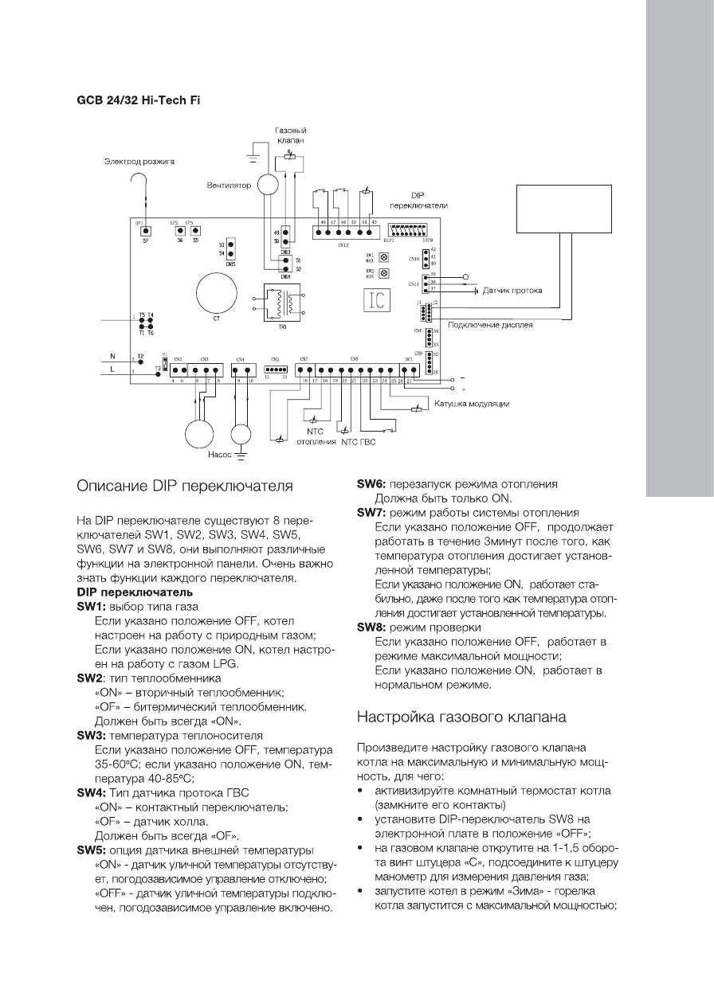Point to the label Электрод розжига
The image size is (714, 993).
coord(138,162)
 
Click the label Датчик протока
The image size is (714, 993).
coord(512,291)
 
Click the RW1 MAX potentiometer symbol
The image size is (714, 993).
coord(385,258)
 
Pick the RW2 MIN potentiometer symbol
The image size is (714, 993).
coord(385,273)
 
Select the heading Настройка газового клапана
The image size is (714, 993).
coord(461,717)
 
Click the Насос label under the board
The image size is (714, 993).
coord(219,457)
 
